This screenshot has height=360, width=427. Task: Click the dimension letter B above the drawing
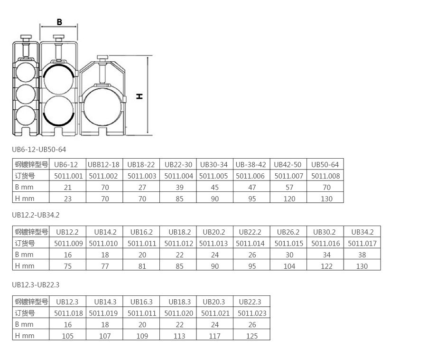(x=59, y=22)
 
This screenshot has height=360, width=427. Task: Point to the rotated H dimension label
(x=139, y=96)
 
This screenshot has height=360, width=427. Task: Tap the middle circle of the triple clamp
(x=26, y=94)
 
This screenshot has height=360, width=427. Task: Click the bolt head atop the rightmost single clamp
(x=102, y=57)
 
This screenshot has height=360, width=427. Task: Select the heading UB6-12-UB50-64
(x=39, y=149)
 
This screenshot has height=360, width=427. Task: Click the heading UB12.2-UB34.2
(x=36, y=215)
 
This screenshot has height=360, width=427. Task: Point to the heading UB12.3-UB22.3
(x=36, y=285)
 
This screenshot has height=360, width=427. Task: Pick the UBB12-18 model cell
(x=103, y=165)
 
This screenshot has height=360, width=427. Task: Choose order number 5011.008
(x=325, y=176)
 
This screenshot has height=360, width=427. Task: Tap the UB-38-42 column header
(x=251, y=165)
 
